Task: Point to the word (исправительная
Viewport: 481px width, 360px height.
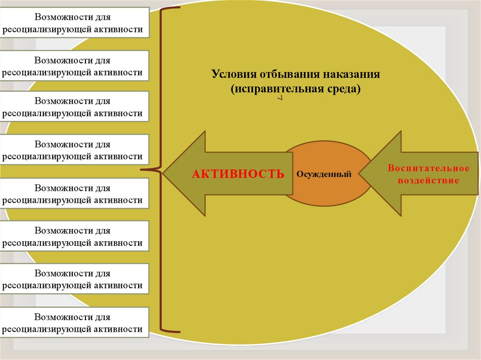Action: pos(273,89)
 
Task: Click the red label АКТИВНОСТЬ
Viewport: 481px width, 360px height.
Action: pos(238,174)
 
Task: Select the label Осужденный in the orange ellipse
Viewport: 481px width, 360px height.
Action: pos(324,174)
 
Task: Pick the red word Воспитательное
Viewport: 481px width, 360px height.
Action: pos(428,168)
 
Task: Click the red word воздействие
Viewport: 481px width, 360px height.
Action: pos(428,180)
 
